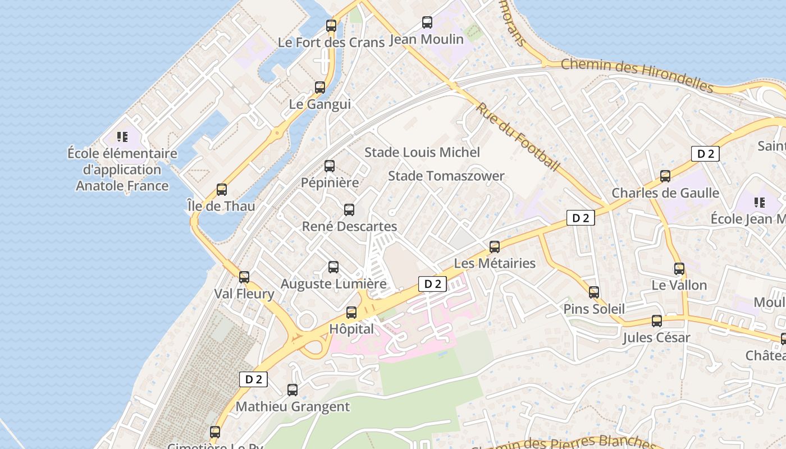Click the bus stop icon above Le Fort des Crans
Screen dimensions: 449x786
(x=331, y=26)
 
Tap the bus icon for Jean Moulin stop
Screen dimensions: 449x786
(x=427, y=22)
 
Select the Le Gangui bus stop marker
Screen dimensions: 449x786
(x=320, y=88)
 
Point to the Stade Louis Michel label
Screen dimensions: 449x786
(x=422, y=152)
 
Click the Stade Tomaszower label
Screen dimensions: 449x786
(x=446, y=176)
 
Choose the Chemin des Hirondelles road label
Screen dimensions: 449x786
(x=637, y=75)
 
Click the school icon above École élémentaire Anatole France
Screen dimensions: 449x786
(x=122, y=136)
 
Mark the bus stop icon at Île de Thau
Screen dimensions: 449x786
(x=222, y=190)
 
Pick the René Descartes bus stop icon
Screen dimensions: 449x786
(x=349, y=210)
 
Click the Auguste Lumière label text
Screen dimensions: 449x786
(x=333, y=284)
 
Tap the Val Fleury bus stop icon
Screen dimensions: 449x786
(x=244, y=277)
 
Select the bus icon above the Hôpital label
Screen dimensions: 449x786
(x=351, y=313)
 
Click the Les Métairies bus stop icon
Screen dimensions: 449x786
(x=495, y=247)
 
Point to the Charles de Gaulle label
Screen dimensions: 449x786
(x=665, y=193)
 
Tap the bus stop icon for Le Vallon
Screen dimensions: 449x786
(x=679, y=269)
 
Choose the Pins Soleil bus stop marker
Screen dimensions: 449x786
(x=594, y=292)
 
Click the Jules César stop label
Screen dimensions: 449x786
(x=656, y=338)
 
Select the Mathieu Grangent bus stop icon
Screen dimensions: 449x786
(x=293, y=390)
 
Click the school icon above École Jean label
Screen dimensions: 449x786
(x=760, y=203)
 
